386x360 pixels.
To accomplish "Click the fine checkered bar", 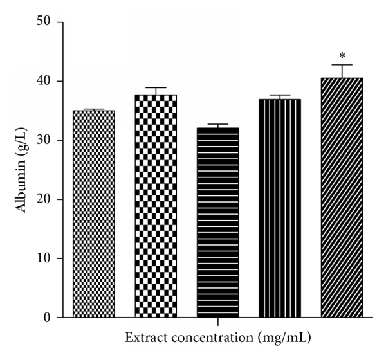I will tap(94, 213).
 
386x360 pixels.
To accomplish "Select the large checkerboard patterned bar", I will tap(156, 206).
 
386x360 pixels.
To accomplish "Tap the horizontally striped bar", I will tap(217, 222).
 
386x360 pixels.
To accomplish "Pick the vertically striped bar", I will tap(280, 208).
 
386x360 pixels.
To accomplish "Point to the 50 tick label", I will tap(47, 22).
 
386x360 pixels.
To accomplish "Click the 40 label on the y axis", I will tap(47, 82).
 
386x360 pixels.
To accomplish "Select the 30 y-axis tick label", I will tap(47, 140).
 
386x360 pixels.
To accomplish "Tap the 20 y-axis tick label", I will tap(47, 199).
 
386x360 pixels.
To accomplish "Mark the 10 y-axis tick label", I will tap(47, 258).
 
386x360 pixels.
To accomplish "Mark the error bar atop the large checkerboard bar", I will tap(156, 91).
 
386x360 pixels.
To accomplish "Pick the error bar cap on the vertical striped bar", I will tap(280, 95).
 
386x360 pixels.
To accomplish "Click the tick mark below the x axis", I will tap(217, 321).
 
